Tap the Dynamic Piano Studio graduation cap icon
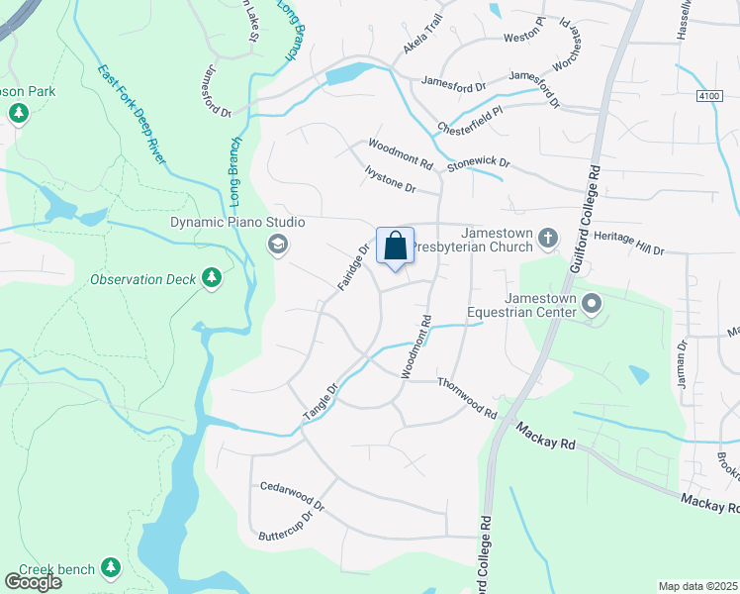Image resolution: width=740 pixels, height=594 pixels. (277, 244)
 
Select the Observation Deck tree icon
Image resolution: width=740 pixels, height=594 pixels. (211, 280)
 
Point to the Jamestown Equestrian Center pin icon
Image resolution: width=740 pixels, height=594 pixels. (593, 303)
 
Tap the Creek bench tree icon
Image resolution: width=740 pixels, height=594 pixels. (111, 568)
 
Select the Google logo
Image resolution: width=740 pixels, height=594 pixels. (33, 581)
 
